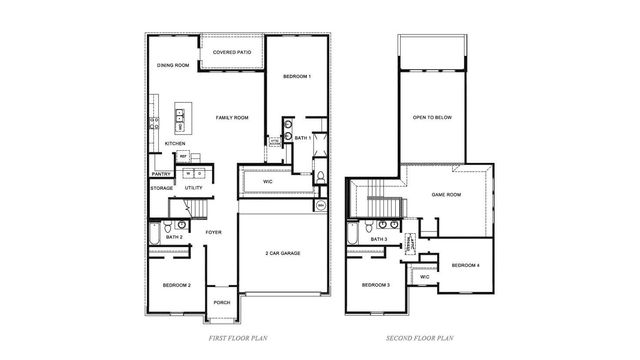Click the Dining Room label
click(173, 66)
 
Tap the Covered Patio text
click(231, 50)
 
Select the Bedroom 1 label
click(296, 77)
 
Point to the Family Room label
click(232, 118)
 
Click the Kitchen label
click(175, 144)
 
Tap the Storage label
click(162, 188)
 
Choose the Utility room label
click(194, 188)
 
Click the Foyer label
click(213, 233)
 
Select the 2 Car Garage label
click(283, 253)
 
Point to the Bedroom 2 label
click(176, 286)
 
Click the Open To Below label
click(432, 117)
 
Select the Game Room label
click(446, 195)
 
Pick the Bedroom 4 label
click(465, 265)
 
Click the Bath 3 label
click(379, 240)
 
